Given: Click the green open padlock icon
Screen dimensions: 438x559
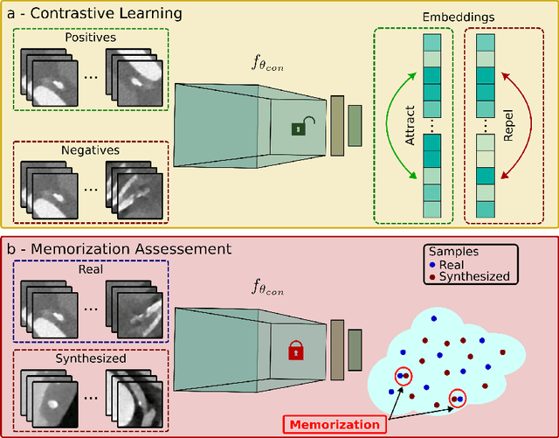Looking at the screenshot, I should click(x=298, y=129).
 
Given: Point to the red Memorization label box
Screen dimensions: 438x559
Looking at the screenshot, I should click(x=332, y=425).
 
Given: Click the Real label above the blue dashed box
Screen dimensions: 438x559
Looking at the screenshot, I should click(x=90, y=269).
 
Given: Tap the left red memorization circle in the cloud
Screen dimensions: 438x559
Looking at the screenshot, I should click(x=404, y=376).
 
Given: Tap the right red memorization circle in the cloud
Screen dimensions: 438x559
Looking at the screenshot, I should click(x=458, y=400).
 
